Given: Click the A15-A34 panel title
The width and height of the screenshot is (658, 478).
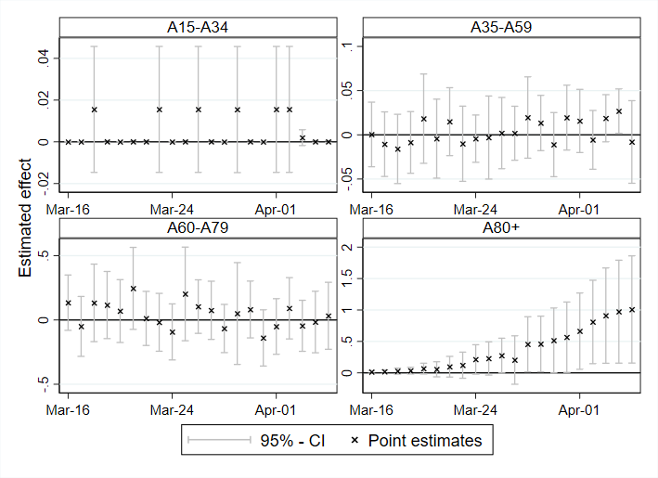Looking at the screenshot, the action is pyautogui.click(x=198, y=27).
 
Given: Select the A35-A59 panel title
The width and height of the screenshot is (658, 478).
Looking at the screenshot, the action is pyautogui.click(x=501, y=27).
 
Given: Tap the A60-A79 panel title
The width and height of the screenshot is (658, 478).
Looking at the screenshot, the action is pyautogui.click(x=198, y=227).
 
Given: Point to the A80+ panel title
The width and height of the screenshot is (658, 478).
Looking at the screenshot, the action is pyautogui.click(x=501, y=227).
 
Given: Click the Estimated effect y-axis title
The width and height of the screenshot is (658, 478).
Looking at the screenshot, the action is pyautogui.click(x=25, y=218).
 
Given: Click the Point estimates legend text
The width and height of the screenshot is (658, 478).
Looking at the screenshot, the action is pyautogui.click(x=425, y=441).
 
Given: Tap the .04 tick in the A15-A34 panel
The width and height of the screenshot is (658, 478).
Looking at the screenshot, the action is pyautogui.click(x=44, y=58).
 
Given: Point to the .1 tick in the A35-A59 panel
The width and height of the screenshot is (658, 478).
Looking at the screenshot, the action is pyautogui.click(x=346, y=45).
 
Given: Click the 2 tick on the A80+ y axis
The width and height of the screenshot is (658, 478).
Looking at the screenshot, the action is pyautogui.click(x=346, y=247).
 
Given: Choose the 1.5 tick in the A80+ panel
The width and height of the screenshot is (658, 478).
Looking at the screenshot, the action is pyautogui.click(x=346, y=278).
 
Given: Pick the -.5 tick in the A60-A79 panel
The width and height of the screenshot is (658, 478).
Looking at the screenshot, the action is pyautogui.click(x=44, y=384).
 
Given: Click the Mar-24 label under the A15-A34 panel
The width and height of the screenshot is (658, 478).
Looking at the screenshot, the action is pyautogui.click(x=172, y=210).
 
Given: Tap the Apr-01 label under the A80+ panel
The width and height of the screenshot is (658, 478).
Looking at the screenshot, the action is pyautogui.click(x=579, y=410).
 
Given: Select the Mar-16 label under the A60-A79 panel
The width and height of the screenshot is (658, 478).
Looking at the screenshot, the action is pyautogui.click(x=68, y=410).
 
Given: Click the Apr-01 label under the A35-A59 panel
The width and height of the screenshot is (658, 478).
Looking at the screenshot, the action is pyautogui.click(x=579, y=210).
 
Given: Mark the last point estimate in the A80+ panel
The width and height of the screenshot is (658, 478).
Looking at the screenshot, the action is pyautogui.click(x=632, y=310).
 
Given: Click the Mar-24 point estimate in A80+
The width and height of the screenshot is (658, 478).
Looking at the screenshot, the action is pyautogui.click(x=475, y=359).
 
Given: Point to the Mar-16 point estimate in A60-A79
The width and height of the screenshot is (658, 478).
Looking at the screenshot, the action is pyautogui.click(x=68, y=303).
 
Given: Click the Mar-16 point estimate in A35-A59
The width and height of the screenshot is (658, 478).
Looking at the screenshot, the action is pyautogui.click(x=371, y=135).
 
